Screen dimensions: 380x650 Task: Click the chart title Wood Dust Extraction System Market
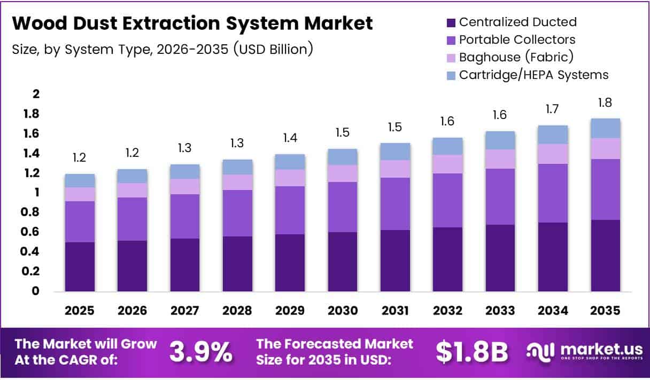tap(192, 23)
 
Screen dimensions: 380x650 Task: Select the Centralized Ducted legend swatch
tap(451, 22)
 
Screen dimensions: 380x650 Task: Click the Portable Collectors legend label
tap(517, 39)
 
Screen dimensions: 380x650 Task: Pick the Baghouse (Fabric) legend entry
tap(516, 57)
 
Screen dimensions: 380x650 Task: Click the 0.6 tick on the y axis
tap(33, 232)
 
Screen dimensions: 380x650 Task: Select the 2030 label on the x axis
tap(343, 311)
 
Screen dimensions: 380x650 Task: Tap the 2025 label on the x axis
tap(80, 311)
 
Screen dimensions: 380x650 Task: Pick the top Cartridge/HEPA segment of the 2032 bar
tap(447, 146)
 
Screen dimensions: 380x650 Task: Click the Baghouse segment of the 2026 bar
tap(132, 190)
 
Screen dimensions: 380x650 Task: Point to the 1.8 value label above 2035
tap(605, 103)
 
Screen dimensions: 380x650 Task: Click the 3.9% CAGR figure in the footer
tap(201, 351)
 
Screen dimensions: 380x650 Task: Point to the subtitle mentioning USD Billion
tap(162, 49)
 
